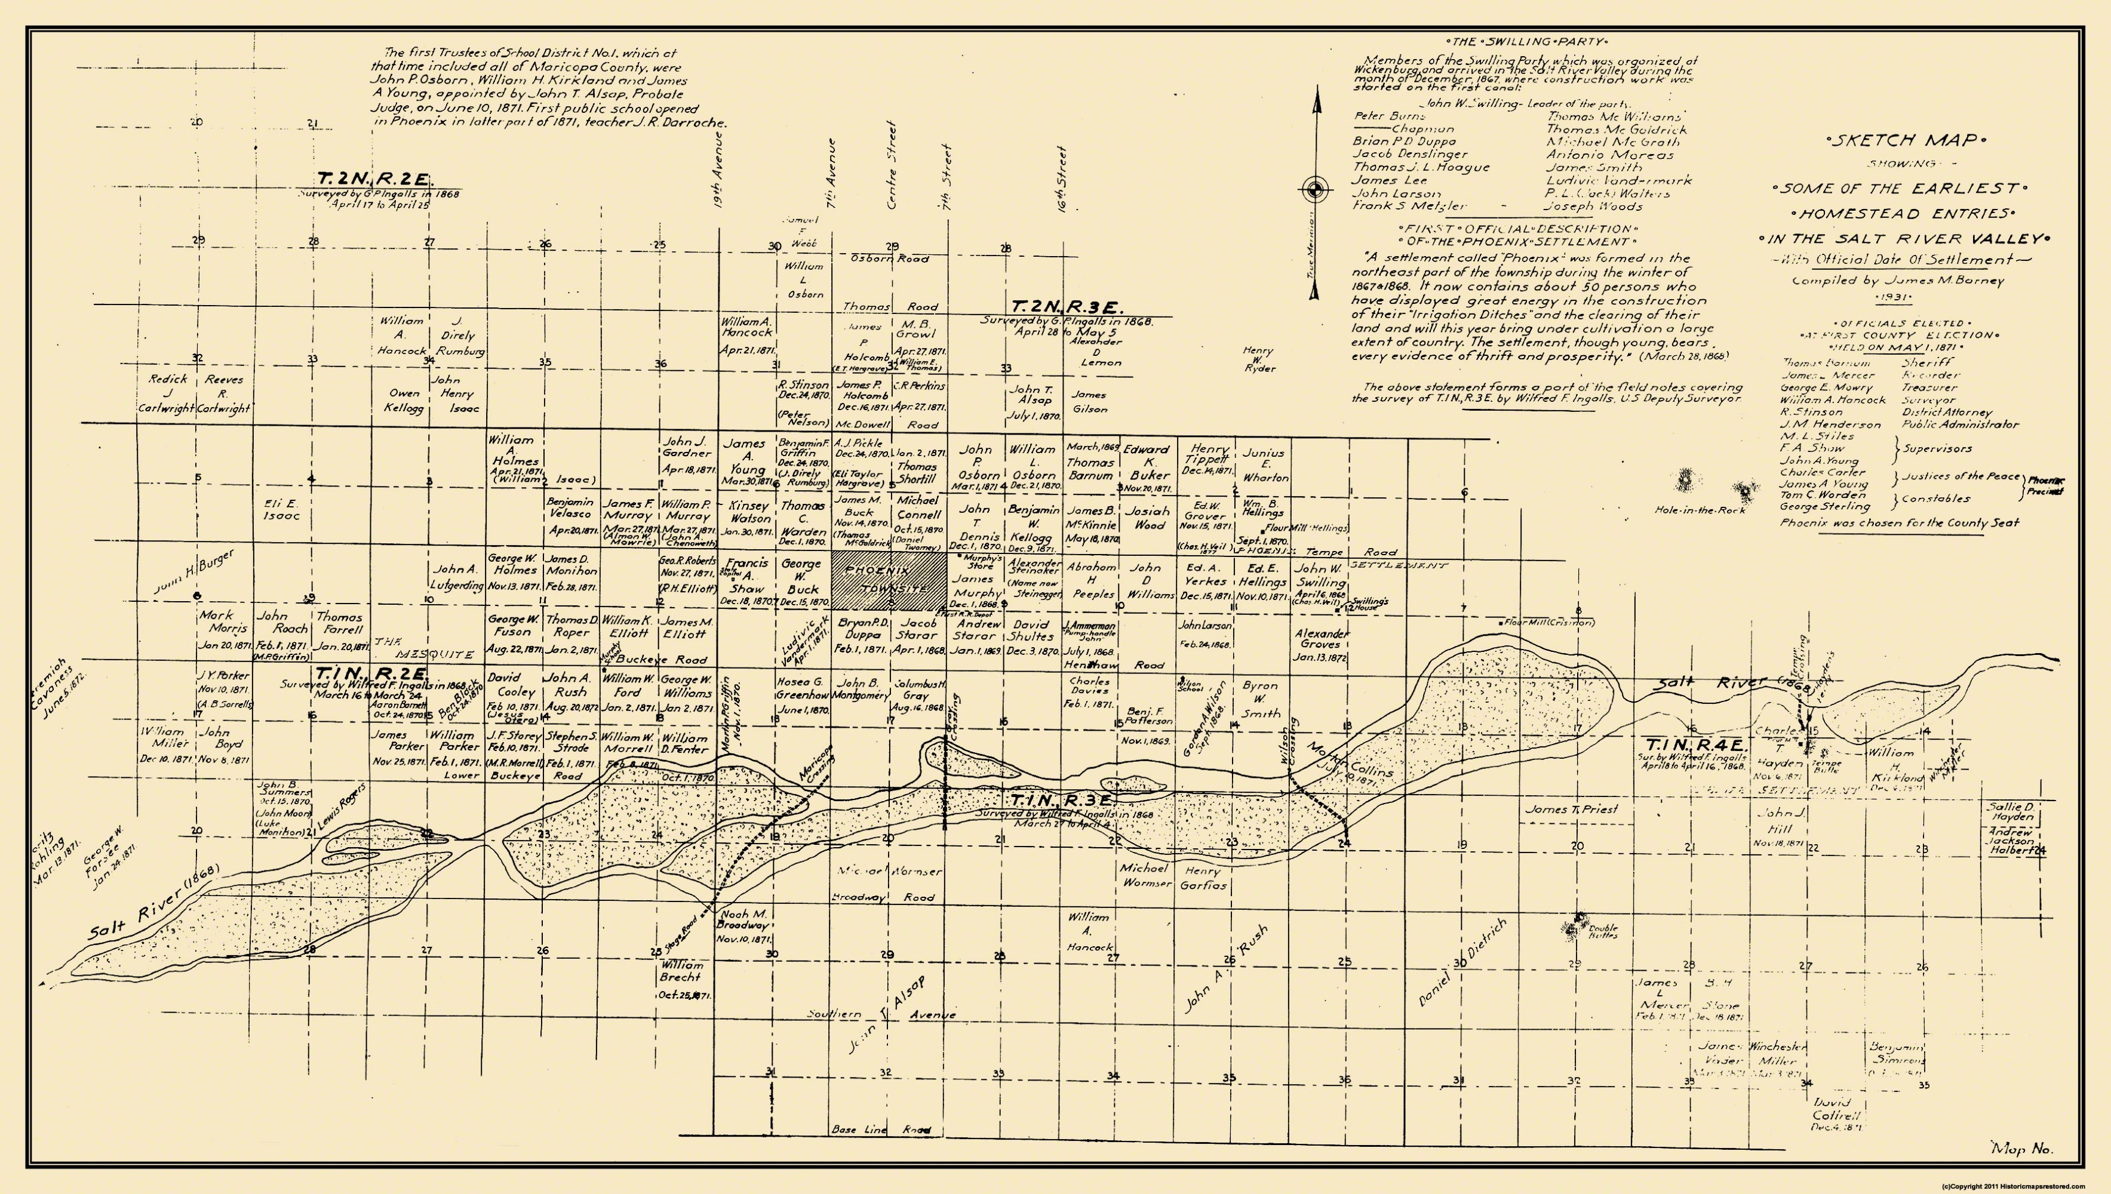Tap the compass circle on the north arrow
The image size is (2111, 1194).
1316,190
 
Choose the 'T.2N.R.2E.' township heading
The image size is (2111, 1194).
376,179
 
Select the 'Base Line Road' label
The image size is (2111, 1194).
881,1130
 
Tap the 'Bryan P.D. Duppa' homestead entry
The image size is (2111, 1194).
859,635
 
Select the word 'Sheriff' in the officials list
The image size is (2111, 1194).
1924,362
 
